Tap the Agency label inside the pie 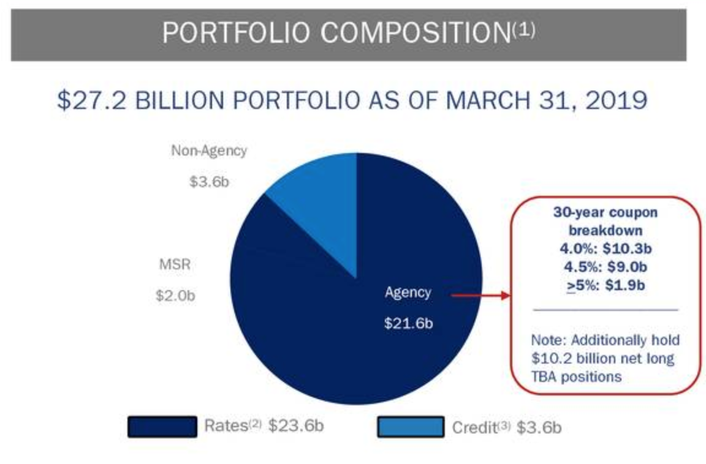(x=408, y=293)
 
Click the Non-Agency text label (x=209, y=151)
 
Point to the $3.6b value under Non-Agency (x=209, y=182)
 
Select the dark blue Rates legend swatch (x=162, y=426)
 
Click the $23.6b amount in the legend (x=295, y=425)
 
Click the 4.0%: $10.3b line (x=605, y=250)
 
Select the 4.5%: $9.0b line (x=605, y=268)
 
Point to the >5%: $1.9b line (x=605, y=285)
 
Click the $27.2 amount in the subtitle (x=92, y=100)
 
